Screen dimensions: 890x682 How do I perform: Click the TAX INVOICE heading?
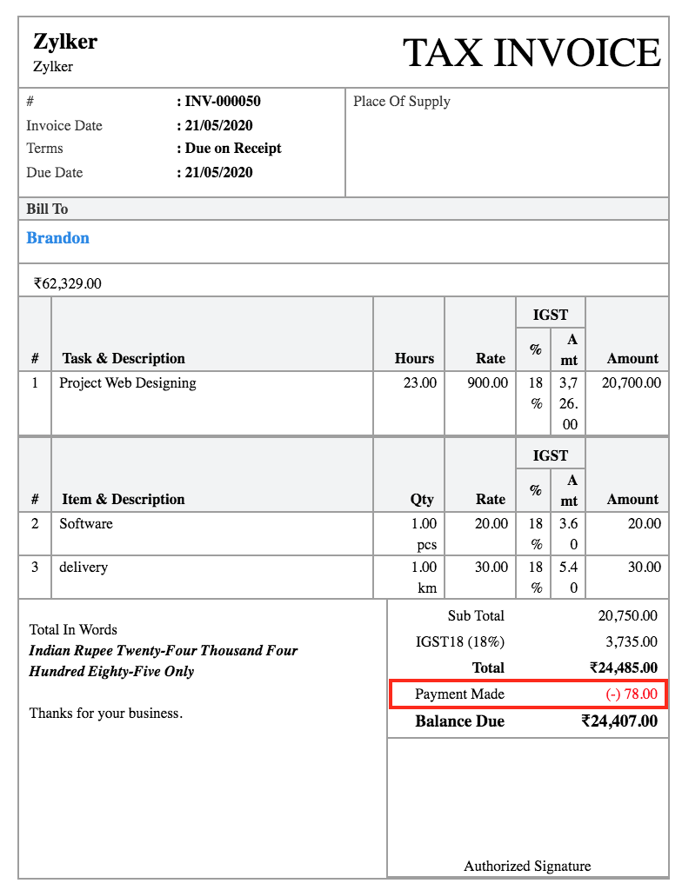click(x=532, y=53)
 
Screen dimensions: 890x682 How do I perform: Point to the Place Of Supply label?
click(x=402, y=102)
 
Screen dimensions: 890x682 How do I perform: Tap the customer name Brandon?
click(x=58, y=238)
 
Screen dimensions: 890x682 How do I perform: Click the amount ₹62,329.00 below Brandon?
click(x=68, y=283)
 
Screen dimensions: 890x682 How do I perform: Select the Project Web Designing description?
click(x=128, y=383)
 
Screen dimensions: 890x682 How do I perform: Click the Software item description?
click(x=86, y=524)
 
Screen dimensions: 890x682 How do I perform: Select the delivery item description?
click(x=84, y=568)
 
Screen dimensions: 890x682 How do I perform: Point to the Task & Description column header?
click(x=124, y=359)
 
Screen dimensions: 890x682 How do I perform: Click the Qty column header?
click(x=422, y=500)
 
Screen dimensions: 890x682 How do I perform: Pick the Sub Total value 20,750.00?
click(x=627, y=616)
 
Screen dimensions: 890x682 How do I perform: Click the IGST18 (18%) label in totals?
click(x=460, y=642)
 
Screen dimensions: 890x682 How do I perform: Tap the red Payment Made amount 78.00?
click(x=632, y=694)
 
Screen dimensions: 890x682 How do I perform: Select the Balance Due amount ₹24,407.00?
click(x=619, y=721)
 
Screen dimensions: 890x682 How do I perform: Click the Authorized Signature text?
click(x=527, y=867)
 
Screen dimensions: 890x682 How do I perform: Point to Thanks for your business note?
click(x=106, y=714)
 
